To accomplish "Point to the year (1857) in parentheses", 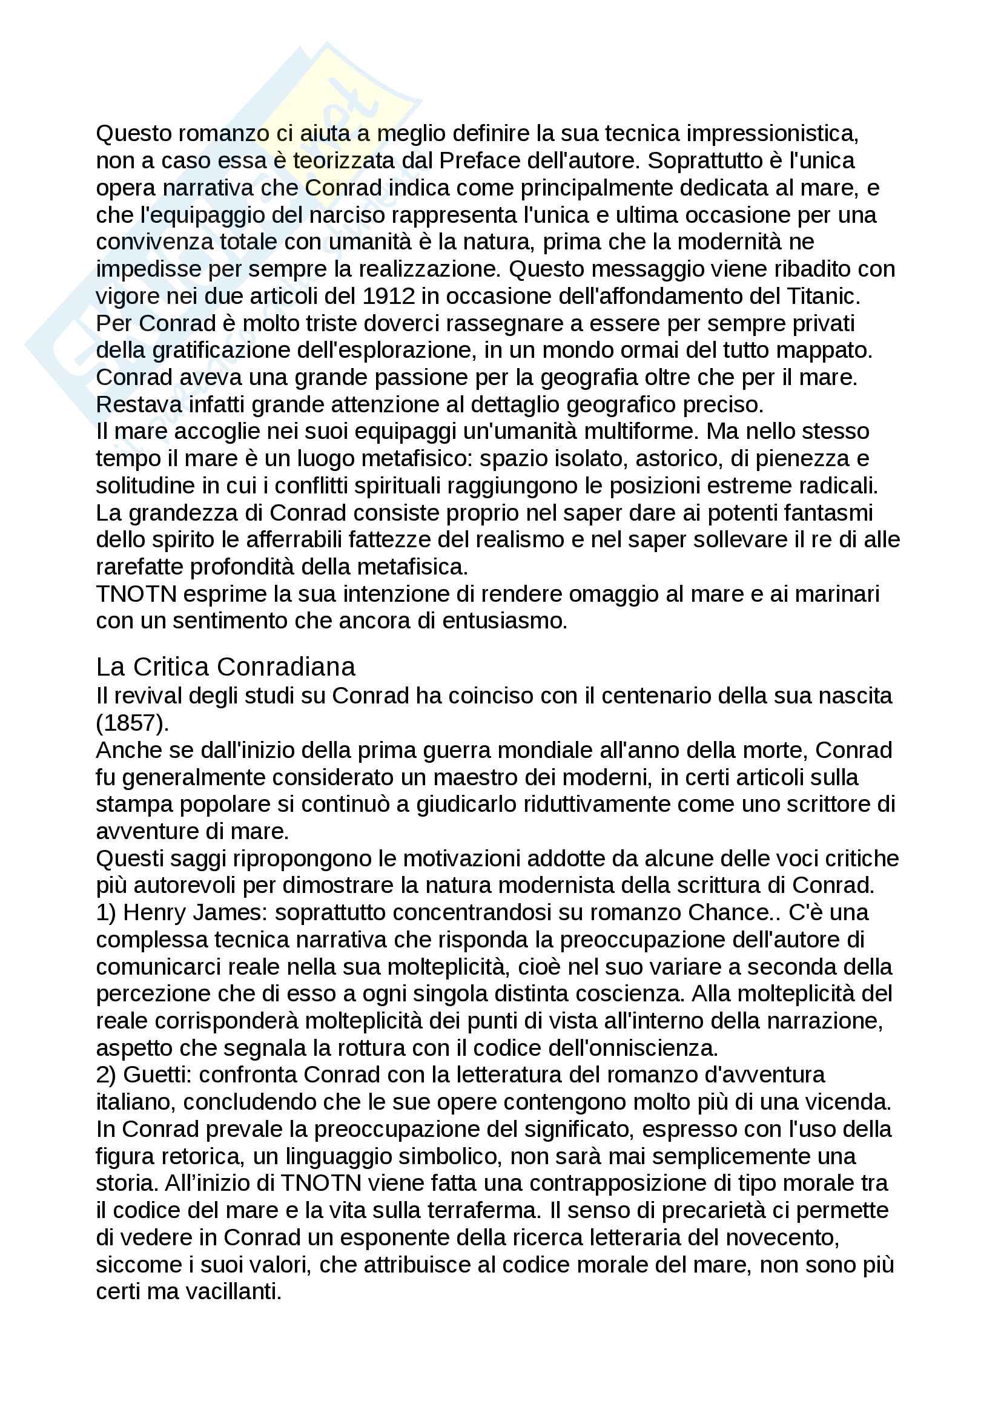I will pyautogui.click(x=132, y=723).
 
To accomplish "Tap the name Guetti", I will pyautogui.click(x=157, y=1075).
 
